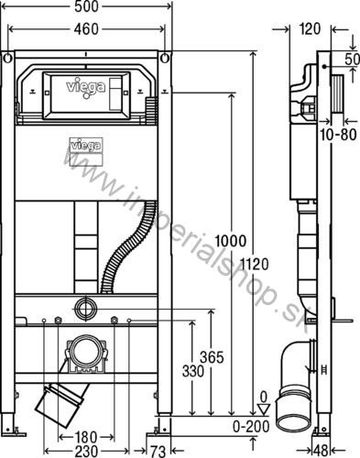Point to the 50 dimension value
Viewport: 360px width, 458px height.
[x=352, y=59]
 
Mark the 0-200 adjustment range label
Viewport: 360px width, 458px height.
[x=248, y=425]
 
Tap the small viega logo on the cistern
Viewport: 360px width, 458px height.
[x=84, y=143]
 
